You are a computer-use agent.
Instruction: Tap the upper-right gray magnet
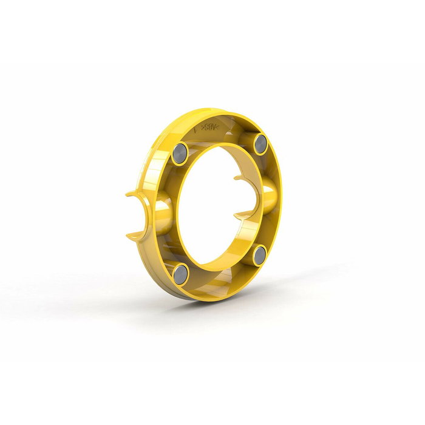point(260,143)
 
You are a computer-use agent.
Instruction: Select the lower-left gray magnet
point(180,274)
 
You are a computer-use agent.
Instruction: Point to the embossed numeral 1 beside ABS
point(195,129)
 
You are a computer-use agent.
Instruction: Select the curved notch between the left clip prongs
point(144,214)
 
